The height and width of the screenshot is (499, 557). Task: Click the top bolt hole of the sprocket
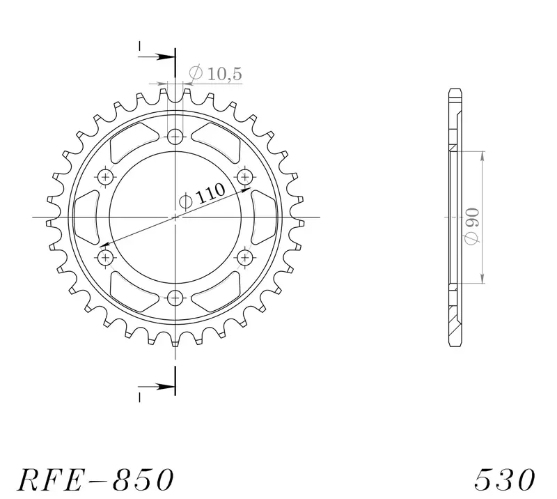coord(175,137)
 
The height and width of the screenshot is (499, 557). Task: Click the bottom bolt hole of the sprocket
coord(175,298)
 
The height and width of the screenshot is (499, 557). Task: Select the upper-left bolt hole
coord(106,177)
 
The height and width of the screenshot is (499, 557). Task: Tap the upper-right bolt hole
coord(245,177)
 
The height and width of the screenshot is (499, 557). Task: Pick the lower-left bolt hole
coord(106,257)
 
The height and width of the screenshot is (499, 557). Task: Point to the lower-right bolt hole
coord(245,257)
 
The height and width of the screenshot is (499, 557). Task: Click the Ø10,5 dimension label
coord(216,73)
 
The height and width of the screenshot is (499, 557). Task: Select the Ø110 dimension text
coord(202,196)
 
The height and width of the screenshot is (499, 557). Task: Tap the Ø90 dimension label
coord(473,227)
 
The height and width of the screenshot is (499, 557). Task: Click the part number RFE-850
coord(95,479)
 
